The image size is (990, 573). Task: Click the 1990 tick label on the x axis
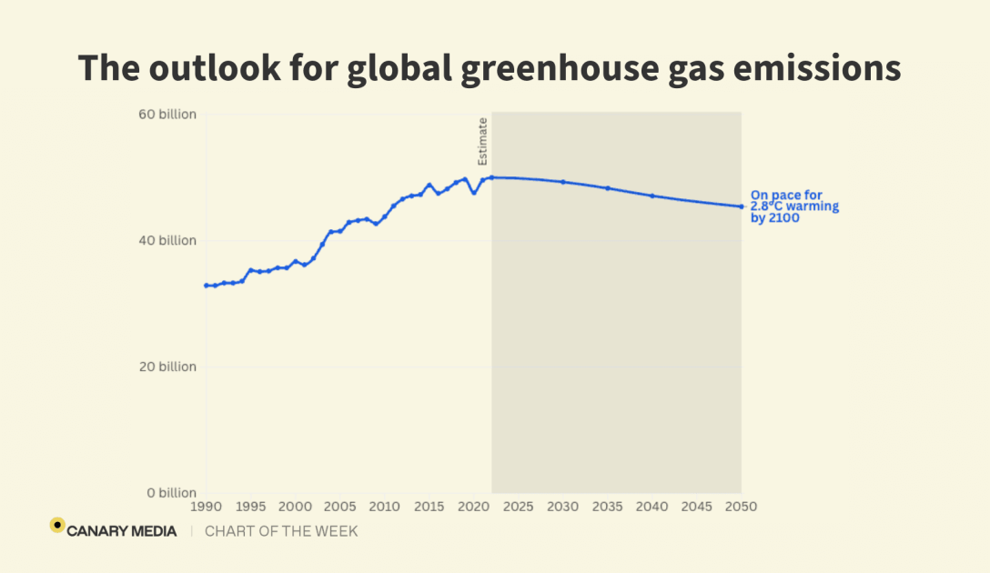(206, 506)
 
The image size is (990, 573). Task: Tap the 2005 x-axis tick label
(339, 506)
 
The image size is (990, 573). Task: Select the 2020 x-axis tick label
(473, 506)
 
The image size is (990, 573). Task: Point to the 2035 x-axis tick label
(608, 506)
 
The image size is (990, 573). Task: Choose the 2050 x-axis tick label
(742, 506)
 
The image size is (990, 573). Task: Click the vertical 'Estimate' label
(483, 141)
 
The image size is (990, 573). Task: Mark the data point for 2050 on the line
(742, 206)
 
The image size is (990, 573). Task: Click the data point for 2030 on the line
(563, 182)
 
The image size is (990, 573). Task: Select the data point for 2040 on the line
(652, 196)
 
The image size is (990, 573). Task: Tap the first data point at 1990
(206, 286)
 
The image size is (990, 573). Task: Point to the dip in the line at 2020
(473, 193)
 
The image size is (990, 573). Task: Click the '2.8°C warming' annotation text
(794, 206)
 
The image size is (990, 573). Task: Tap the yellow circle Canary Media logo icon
(57, 525)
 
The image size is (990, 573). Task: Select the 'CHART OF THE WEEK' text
(281, 531)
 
